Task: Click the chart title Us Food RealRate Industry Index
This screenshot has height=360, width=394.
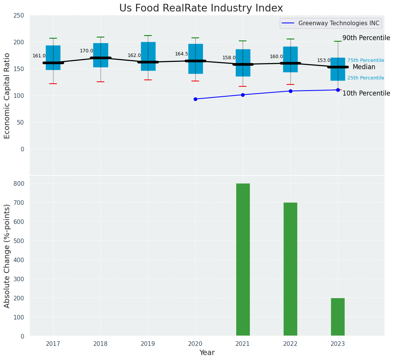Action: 201,8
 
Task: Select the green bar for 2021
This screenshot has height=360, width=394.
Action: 243,259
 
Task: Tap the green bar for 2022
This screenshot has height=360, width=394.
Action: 290,269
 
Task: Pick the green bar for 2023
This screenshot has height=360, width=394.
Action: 338,317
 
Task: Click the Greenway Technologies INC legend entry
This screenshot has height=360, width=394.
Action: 331,23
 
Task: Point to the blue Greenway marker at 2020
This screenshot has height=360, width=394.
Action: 195,99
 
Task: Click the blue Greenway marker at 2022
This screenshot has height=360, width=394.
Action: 290,91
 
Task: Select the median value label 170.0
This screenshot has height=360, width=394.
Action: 86,51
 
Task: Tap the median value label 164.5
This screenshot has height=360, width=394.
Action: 182,54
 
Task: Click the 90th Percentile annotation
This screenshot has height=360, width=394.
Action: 366,38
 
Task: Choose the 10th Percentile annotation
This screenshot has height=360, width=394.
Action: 366,94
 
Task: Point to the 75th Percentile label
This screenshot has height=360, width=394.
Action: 366,60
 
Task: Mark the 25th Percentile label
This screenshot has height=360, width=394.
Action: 366,78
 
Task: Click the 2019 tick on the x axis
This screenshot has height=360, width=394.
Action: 148,344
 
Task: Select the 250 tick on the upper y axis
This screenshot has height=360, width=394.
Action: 19,16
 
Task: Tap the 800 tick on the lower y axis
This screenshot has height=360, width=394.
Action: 19,183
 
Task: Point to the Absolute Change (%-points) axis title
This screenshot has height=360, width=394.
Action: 7,256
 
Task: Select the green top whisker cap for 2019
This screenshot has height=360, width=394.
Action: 148,36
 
